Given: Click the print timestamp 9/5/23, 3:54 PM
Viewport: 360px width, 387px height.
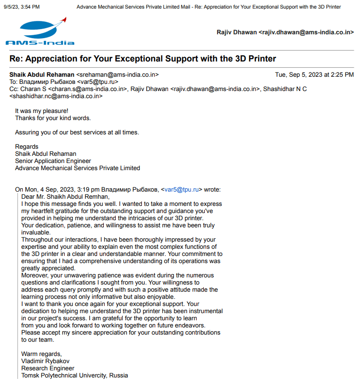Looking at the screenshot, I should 22,7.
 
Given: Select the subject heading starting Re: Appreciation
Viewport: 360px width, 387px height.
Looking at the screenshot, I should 143,59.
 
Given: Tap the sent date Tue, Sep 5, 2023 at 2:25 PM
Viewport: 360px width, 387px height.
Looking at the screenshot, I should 314,75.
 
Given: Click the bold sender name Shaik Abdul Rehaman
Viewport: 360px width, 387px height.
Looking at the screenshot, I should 42,75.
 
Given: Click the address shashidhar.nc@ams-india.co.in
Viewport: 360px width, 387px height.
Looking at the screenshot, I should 56,96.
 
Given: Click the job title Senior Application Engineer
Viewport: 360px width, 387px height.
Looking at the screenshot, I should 53,161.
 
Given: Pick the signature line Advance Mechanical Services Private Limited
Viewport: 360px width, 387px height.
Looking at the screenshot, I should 78,168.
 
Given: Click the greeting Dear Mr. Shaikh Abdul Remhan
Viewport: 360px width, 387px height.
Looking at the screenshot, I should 65,197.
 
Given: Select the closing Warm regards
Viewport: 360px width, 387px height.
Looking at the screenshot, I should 41,354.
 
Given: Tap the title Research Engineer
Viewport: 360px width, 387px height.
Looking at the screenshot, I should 48,368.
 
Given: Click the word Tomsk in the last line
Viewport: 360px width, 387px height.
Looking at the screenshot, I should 31,376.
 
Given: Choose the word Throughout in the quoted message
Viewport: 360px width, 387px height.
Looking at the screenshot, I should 38,240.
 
